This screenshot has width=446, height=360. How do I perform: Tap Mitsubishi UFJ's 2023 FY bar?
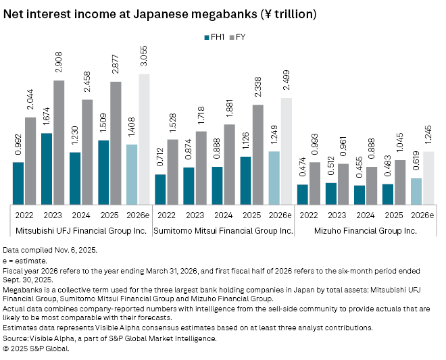pyautogui.click(x=59, y=142)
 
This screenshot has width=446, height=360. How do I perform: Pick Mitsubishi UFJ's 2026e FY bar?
pyautogui.click(x=144, y=138)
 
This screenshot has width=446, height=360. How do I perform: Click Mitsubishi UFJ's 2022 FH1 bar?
pyautogui.click(x=18, y=182)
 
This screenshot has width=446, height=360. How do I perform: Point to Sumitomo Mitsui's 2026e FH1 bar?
pyautogui.click(x=274, y=178)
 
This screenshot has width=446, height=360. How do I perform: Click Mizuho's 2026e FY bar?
pyautogui.click(x=428, y=178)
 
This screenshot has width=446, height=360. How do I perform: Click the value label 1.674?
pyautogui.click(x=46, y=119)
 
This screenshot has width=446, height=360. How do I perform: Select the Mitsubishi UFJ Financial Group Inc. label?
pyautogui.click(x=76, y=231)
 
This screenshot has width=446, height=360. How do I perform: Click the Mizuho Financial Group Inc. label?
pyautogui.click(x=366, y=231)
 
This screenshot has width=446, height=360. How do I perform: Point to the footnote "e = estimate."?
pyautogui.click(x=25, y=260)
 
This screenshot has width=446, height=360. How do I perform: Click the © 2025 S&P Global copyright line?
pyautogui.click(x=36, y=349)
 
